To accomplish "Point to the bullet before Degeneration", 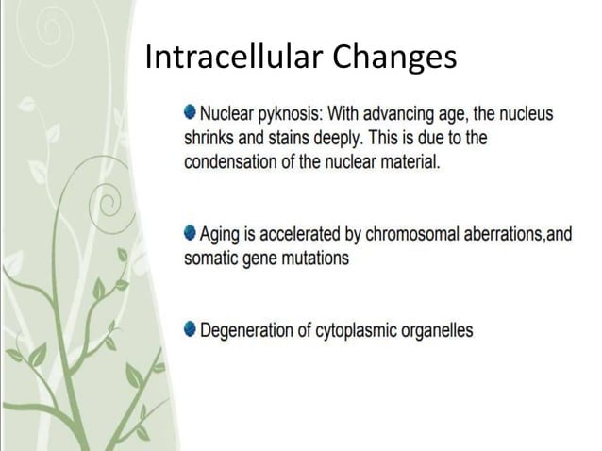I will point(190,329).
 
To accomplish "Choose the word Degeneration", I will point(249,331).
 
